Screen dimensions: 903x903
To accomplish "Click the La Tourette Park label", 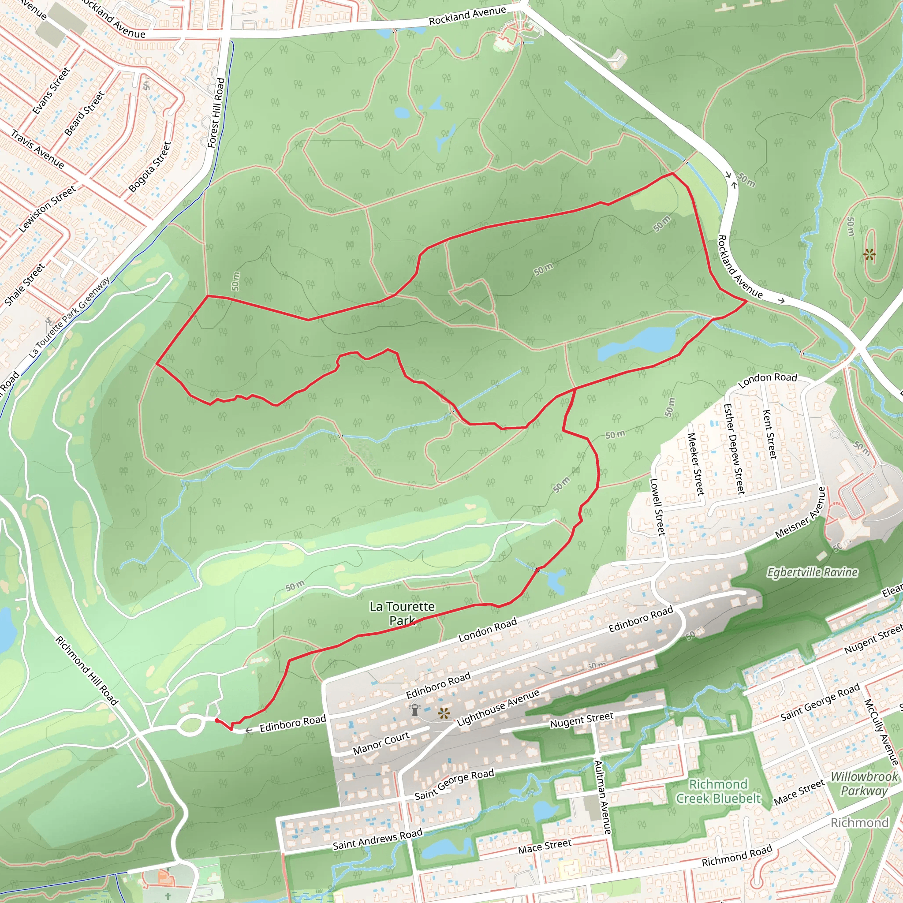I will [x=402, y=613].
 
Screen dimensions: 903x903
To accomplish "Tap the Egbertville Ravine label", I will [x=812, y=572].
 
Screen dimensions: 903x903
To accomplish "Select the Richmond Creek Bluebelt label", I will [x=718, y=791].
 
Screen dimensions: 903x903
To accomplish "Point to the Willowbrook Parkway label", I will [x=864, y=784].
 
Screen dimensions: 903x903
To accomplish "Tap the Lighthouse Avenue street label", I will [x=498, y=707].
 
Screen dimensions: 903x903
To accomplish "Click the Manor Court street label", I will [x=381, y=743].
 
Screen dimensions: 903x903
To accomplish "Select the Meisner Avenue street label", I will [x=800, y=512].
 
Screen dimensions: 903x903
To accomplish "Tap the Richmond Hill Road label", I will [x=87, y=670].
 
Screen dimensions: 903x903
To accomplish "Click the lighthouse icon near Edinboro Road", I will [x=414, y=709].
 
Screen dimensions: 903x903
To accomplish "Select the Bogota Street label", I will [x=150, y=167].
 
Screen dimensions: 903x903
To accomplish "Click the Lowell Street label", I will [x=657, y=507].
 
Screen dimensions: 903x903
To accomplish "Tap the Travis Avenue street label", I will [x=37, y=149].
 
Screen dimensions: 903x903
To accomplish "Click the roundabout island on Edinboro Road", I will [x=190, y=725].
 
